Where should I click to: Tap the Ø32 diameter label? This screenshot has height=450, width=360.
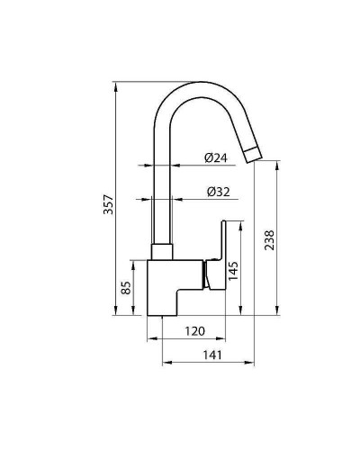[x=217, y=192]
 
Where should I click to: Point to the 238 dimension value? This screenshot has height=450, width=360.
[x=269, y=239]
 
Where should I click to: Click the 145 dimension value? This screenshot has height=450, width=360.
[x=232, y=270]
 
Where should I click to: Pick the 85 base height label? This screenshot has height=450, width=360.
[x=127, y=288]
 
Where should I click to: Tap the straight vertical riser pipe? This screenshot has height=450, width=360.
[x=161, y=198]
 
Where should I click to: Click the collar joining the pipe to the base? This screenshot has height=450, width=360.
[x=161, y=253]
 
